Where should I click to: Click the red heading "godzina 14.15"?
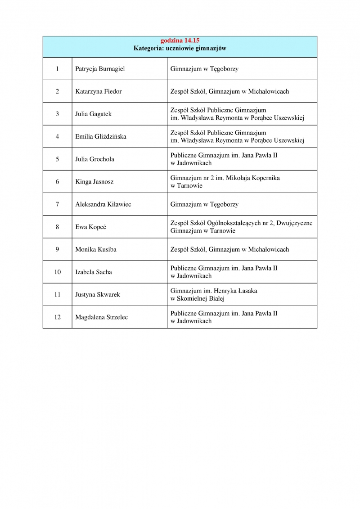(180, 41)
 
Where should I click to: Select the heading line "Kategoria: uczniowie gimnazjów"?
(180, 48)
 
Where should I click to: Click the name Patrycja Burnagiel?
(100, 69)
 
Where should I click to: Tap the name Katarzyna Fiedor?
(99, 91)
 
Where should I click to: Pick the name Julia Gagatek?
(93, 114)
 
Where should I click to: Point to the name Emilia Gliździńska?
(101, 136)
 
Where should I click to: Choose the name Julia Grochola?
(94, 159)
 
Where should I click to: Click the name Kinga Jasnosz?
(94, 182)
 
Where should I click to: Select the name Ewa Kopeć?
(89, 227)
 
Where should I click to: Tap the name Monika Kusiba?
(95, 249)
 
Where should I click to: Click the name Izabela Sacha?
(94, 272)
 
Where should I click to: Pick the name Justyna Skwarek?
(98, 294)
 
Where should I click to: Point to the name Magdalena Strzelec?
(101, 317)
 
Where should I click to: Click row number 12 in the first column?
(57, 317)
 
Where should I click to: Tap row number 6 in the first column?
(57, 182)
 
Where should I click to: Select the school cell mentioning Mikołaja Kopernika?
(225, 182)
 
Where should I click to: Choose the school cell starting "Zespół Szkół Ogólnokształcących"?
(241, 227)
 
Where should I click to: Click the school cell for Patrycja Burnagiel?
(204, 69)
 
